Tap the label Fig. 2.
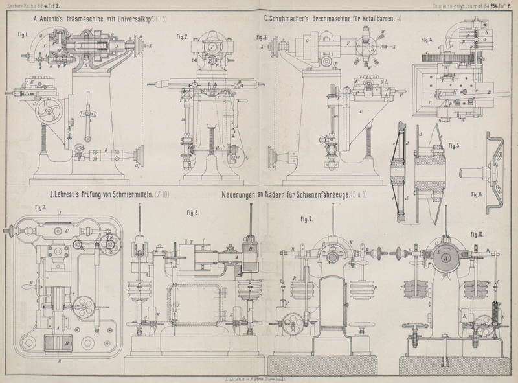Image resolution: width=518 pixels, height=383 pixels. pyautogui.click(x=182, y=38)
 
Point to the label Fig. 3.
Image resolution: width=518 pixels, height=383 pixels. pyautogui.click(x=265, y=37)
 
